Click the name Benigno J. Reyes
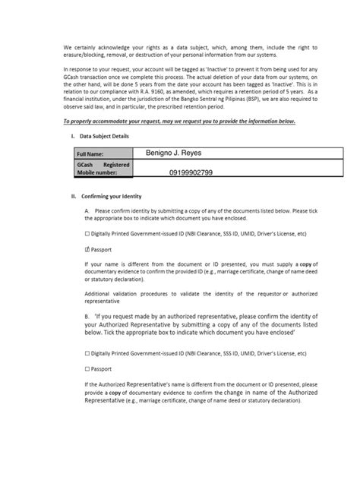tap(174, 153)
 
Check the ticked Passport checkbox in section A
tap(87, 248)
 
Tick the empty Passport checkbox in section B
tap(87, 369)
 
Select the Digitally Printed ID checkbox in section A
tap(87, 235)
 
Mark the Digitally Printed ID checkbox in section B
tap(87, 353)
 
